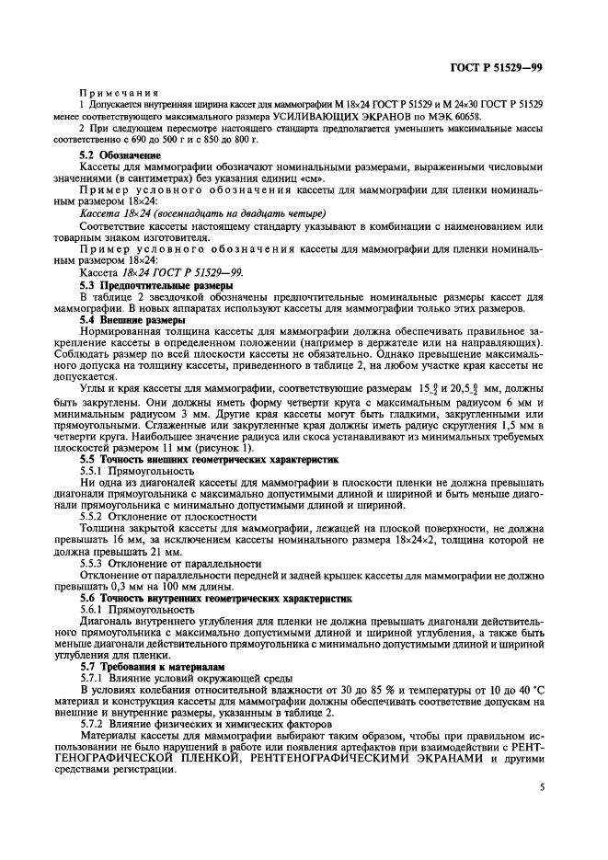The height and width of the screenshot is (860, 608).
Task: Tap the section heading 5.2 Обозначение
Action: [x=114, y=155]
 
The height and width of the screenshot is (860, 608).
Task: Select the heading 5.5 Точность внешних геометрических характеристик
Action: [x=210, y=457]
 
